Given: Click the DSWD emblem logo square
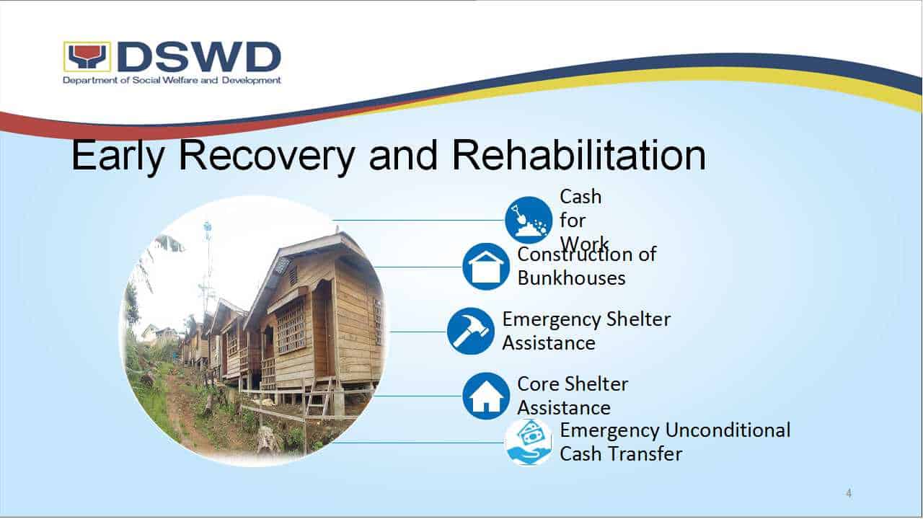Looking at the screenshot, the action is point(87,56).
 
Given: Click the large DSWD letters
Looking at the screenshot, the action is point(200,57).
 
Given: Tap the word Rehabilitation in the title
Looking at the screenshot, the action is point(579,156).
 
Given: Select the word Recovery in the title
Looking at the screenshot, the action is point(267,157).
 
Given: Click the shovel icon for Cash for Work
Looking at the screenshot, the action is point(529,220).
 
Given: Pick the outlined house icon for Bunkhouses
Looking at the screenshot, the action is point(486,267).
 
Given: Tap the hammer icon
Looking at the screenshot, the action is point(471,331).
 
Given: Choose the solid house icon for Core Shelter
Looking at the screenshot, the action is point(486,396).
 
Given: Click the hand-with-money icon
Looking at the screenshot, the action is point(529,443).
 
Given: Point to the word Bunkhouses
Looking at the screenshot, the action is point(572,278).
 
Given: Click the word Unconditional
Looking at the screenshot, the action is point(728,430).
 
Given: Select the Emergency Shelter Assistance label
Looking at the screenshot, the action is point(586,331).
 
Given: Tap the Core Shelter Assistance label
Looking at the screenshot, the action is point(573,396).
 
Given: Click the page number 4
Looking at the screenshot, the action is point(849,493).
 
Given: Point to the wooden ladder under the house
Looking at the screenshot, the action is point(318,396).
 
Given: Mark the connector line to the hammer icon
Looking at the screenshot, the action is point(418,331).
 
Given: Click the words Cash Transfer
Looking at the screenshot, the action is point(621,454).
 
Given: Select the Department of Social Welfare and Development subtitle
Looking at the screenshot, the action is point(172,80).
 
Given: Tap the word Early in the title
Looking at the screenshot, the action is point(118,157).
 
